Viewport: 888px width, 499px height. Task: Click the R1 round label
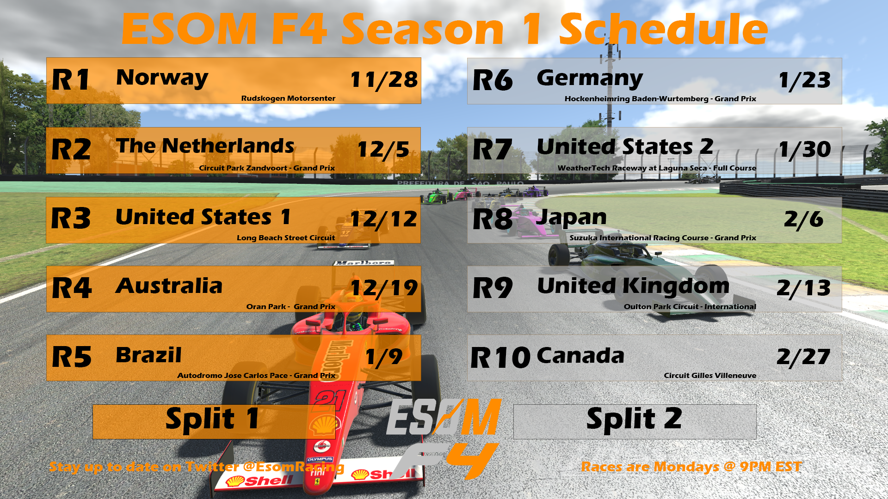[x=70, y=79]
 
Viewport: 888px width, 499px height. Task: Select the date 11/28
[x=384, y=80]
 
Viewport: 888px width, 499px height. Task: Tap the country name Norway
[x=162, y=78]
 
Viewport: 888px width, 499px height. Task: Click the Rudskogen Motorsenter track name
[x=288, y=98]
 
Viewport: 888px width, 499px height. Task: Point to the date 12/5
[x=383, y=149]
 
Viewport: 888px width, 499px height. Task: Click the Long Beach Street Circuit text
[x=286, y=237]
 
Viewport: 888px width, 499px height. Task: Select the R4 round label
[x=72, y=288]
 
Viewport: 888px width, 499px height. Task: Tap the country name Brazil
[x=148, y=355]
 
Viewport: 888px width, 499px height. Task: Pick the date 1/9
[x=384, y=357]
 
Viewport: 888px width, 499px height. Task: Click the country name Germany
[x=590, y=78]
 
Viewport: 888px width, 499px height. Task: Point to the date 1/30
[x=805, y=149]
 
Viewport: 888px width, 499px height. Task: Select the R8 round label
[x=493, y=219]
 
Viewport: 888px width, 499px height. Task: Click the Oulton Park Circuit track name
[x=661, y=306]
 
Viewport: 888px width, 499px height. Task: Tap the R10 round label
[x=500, y=358]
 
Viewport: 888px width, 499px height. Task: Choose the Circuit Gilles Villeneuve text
[x=710, y=375]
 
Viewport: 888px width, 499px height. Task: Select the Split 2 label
[x=634, y=419]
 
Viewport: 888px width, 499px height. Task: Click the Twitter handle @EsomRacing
[x=294, y=467]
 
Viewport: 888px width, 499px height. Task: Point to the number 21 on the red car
[x=330, y=401]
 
